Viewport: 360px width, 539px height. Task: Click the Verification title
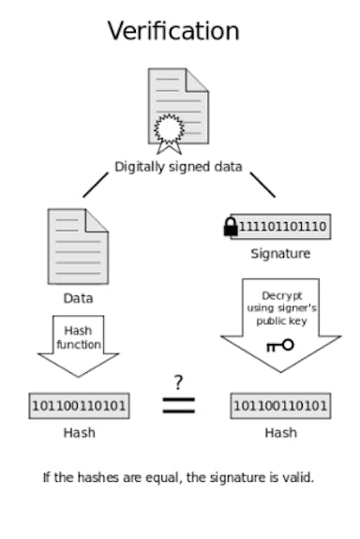click(x=173, y=31)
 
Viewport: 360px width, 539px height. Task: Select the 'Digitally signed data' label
click(x=178, y=167)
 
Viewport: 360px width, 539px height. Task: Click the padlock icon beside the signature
click(x=231, y=227)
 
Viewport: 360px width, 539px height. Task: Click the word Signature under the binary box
click(x=279, y=253)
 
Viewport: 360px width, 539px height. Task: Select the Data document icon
click(x=78, y=247)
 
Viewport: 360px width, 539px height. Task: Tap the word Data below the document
click(x=78, y=298)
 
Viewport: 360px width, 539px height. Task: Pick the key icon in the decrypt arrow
click(x=279, y=345)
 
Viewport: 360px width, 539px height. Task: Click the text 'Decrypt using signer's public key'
click(x=279, y=307)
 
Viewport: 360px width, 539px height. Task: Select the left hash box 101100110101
click(x=79, y=406)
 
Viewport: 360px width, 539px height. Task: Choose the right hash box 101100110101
click(x=279, y=406)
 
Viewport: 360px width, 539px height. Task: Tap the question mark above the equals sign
click(x=179, y=382)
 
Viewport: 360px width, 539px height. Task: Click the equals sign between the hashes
click(x=179, y=405)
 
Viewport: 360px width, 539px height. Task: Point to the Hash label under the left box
click(x=79, y=432)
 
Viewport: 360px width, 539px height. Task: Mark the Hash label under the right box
click(x=279, y=432)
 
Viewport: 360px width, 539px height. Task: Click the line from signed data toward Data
click(x=96, y=185)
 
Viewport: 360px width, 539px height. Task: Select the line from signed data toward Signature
click(x=262, y=185)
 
